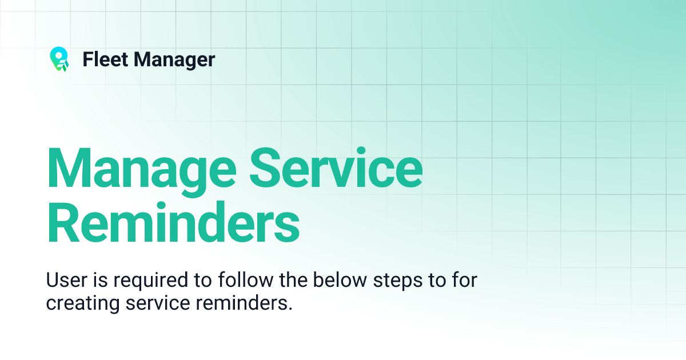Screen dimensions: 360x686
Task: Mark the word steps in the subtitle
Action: click(x=391, y=282)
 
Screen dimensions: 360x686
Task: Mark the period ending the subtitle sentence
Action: click(x=290, y=309)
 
